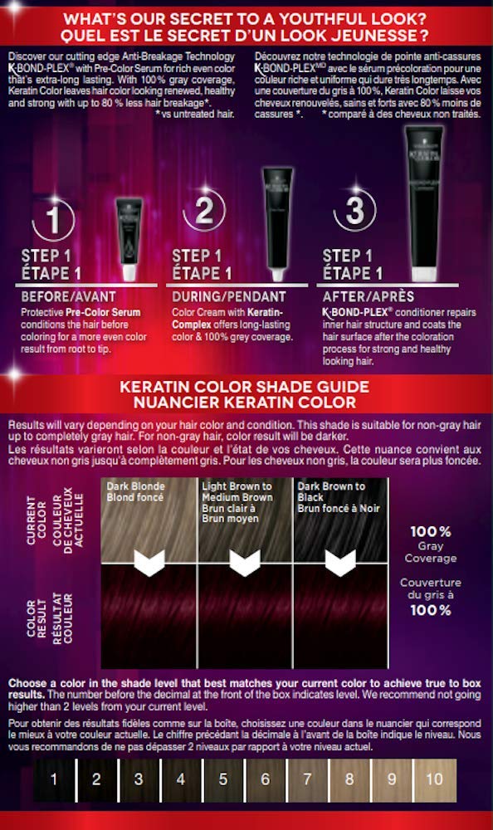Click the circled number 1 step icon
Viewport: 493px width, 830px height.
coord(52,220)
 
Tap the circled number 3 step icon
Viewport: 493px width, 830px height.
coord(355,211)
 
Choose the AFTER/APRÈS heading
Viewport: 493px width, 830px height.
coord(369,295)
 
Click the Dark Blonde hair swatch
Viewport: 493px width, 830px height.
coord(148,520)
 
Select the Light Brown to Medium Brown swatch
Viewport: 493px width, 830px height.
coord(246,520)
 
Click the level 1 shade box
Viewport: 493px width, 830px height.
coord(53,779)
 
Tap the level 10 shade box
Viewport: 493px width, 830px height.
coord(435,779)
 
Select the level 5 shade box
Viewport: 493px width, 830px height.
coord(223,779)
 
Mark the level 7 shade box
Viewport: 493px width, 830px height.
coord(308,779)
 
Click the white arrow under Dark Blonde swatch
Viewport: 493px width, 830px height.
coord(149,564)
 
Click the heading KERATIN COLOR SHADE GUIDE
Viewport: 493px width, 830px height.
coord(247,386)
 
